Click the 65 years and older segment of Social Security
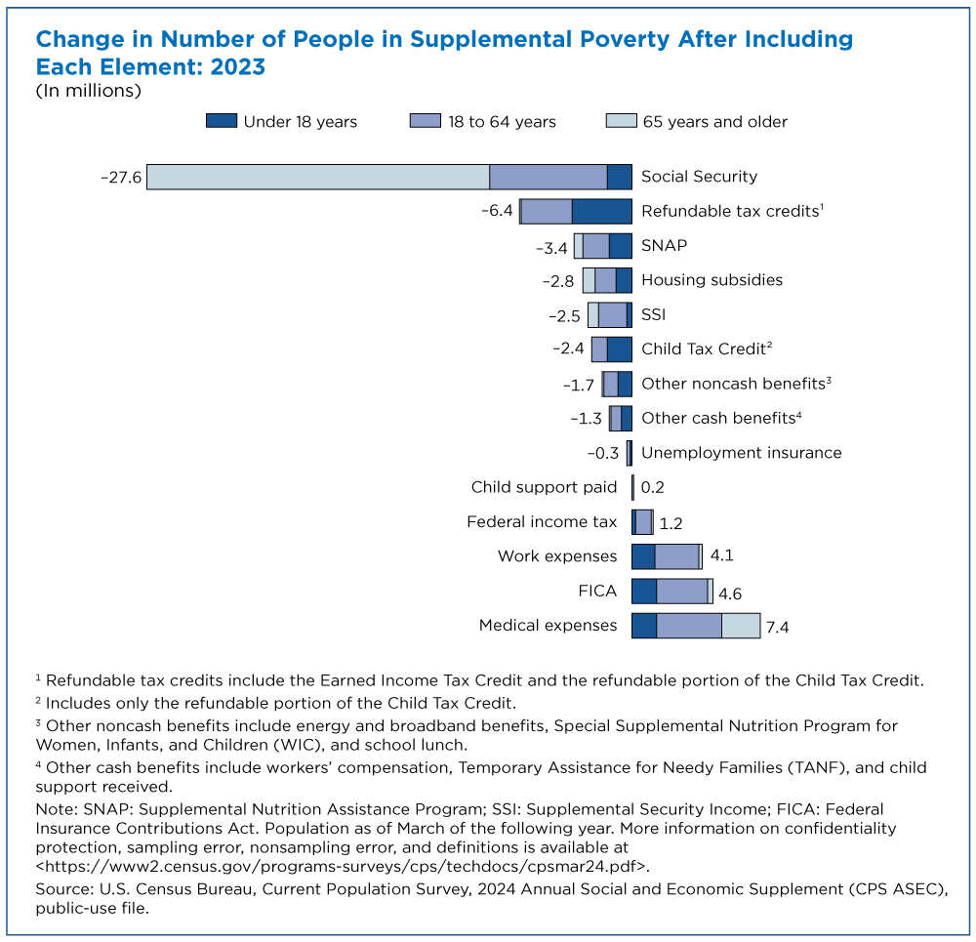pos(317,177)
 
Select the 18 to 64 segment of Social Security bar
pos(548,177)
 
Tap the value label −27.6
pos(121,177)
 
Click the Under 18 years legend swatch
pos(222,122)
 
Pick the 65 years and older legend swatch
pos(621,122)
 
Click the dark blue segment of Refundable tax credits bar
pos(601,211)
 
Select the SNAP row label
pos(664,245)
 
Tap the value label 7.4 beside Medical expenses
pos(777,627)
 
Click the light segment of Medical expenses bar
pos(741,626)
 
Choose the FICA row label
pos(596,591)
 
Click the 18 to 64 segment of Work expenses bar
pos(676,556)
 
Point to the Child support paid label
pos(544,487)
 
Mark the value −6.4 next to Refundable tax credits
pos(496,211)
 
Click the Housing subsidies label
pos(712,280)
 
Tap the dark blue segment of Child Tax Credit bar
pos(619,348)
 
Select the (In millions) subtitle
pos(89,91)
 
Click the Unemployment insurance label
pos(741,452)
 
